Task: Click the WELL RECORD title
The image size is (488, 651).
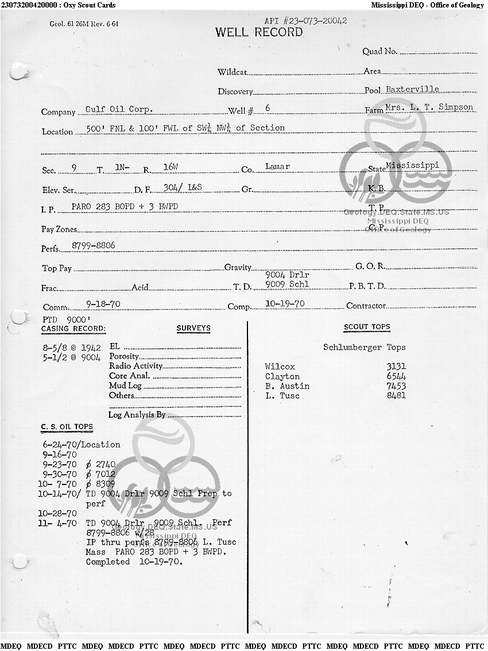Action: click(x=259, y=32)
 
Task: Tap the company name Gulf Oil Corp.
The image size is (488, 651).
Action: click(x=119, y=109)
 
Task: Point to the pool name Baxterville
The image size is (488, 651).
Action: click(x=412, y=90)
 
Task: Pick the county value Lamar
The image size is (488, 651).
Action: click(x=277, y=167)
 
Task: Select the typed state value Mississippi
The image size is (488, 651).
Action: click(x=412, y=165)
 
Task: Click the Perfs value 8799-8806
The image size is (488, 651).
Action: click(x=93, y=245)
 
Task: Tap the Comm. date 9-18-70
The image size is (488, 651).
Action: click(x=103, y=304)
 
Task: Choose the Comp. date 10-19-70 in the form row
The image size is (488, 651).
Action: click(x=285, y=303)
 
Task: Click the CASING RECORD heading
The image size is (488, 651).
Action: click(x=73, y=329)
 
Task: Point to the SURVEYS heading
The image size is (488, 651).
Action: click(x=193, y=328)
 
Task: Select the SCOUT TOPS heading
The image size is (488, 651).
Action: click(x=367, y=327)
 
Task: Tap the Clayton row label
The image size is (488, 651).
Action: click(x=282, y=376)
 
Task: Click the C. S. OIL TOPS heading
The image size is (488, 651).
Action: click(x=67, y=427)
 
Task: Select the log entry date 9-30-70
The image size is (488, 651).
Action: click(x=59, y=474)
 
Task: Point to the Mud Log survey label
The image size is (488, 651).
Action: click(x=125, y=386)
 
